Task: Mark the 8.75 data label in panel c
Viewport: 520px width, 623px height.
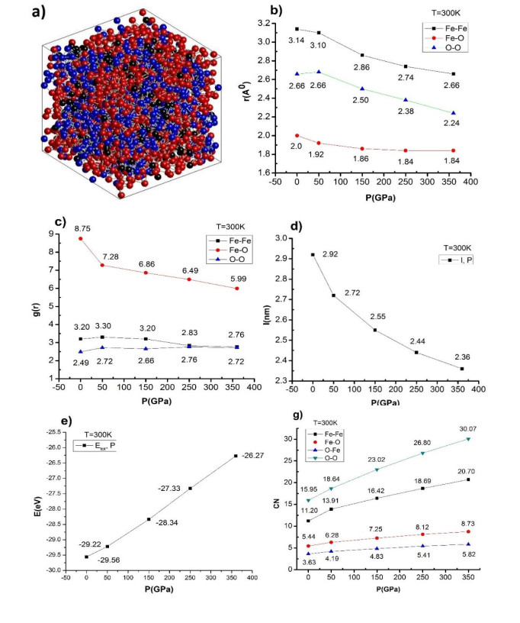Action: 81,227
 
